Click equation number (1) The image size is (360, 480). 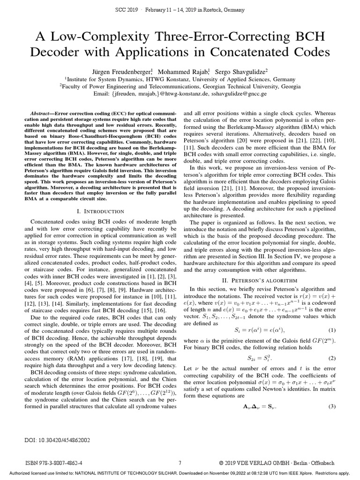(332, 330)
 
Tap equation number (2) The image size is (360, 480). (332, 358)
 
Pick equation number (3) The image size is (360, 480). (332, 406)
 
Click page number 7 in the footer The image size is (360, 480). (180, 462)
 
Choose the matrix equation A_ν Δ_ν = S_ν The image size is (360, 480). (259, 406)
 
